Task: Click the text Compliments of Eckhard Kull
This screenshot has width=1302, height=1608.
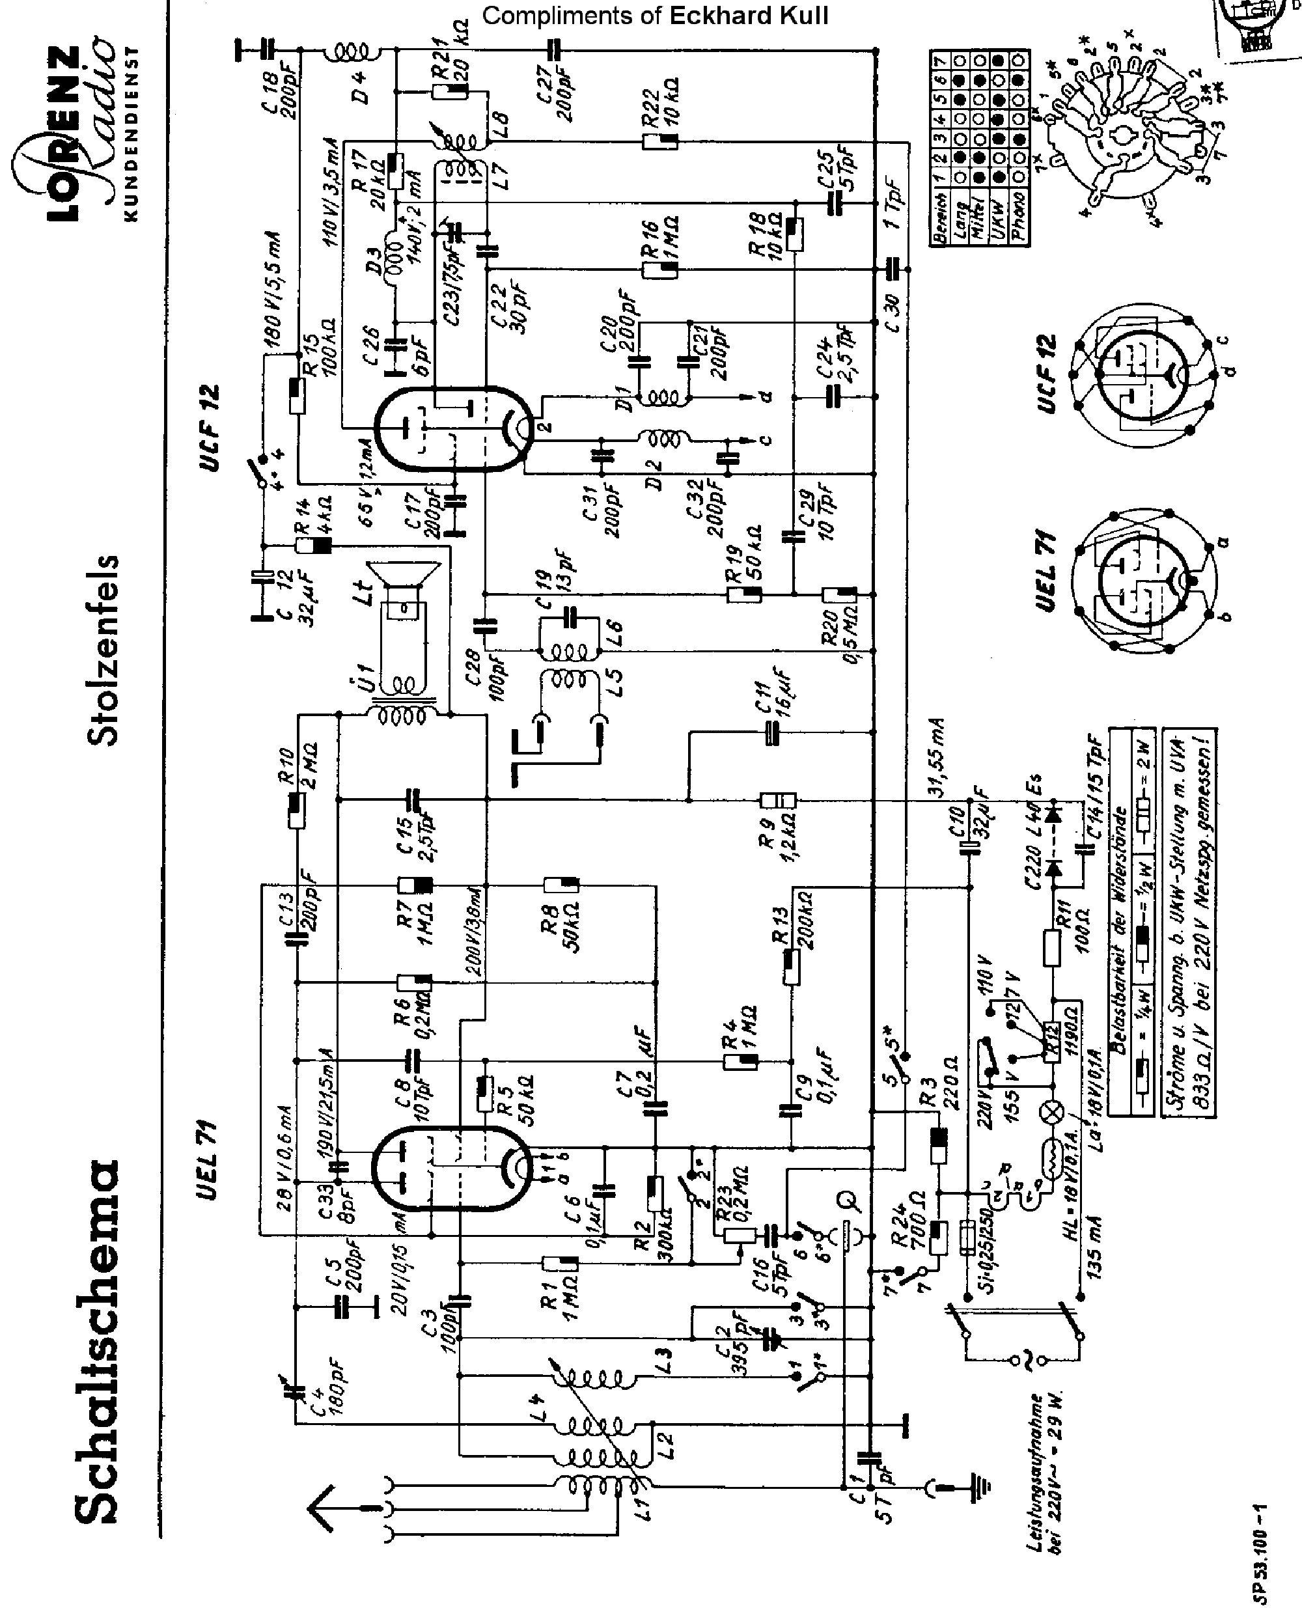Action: pos(655,16)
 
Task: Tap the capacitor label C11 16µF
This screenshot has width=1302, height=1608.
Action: pos(773,694)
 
